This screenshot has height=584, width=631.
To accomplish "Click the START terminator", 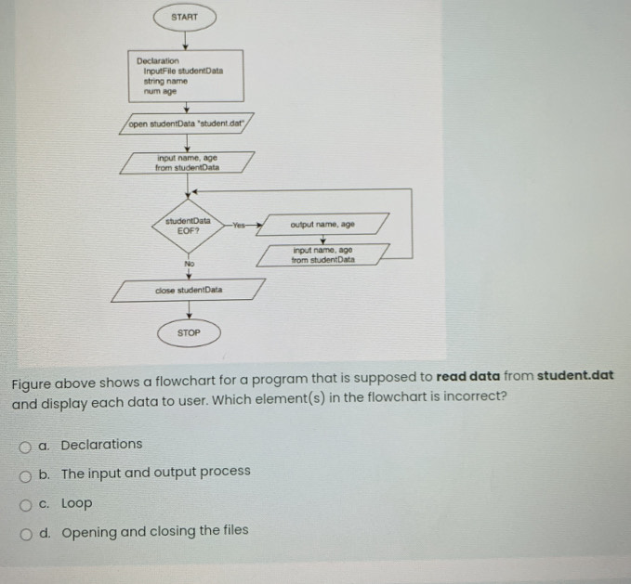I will click(185, 17).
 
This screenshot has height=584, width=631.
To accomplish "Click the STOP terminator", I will click(188, 331).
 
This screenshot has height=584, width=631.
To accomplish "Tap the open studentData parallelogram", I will click(187, 123).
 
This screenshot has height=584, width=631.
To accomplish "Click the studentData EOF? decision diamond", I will click(188, 225).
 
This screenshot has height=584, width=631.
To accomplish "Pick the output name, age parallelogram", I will click(322, 225).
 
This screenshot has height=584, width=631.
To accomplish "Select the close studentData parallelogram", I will click(188, 290).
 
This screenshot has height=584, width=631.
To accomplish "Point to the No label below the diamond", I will click(189, 264).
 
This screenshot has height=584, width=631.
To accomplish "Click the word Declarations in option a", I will click(101, 444).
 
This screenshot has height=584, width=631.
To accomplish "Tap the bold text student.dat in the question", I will click(576, 376).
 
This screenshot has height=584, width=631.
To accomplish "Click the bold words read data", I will click(468, 376).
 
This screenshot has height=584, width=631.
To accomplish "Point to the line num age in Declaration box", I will click(159, 90).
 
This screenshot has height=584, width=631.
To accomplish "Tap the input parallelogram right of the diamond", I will click(322, 253).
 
